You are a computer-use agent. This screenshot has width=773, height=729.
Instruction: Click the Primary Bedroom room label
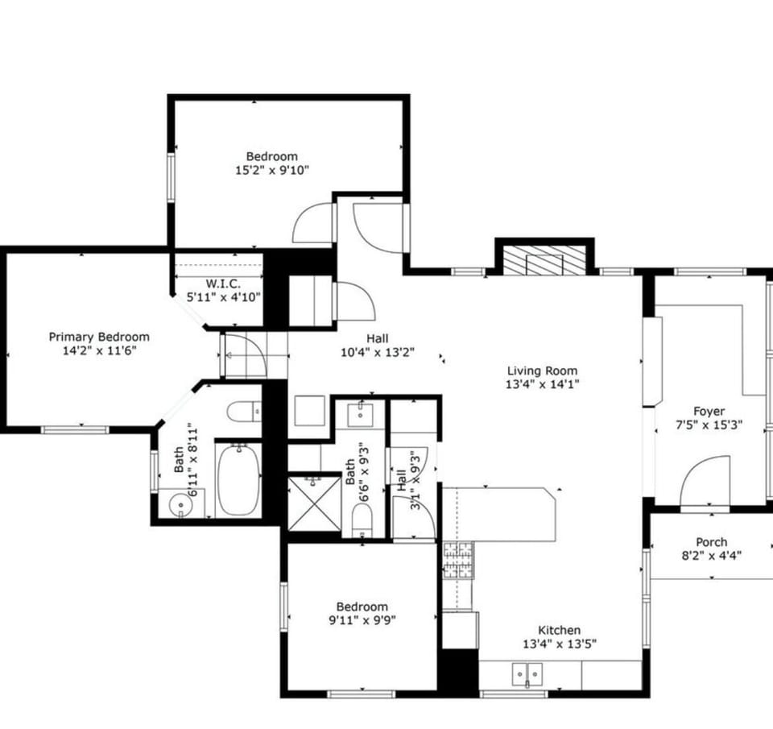[98, 337]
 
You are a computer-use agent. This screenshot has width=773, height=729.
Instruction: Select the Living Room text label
[542, 371]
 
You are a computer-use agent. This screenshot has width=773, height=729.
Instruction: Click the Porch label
[711, 542]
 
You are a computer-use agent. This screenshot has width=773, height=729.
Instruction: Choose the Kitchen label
[559, 630]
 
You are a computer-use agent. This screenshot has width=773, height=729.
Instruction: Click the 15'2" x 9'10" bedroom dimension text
[271, 170]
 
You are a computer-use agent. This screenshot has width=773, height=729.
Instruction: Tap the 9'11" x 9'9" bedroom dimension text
[362, 619]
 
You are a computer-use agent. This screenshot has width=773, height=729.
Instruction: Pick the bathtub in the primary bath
[238, 479]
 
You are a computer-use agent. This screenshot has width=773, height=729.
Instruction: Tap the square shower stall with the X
[310, 503]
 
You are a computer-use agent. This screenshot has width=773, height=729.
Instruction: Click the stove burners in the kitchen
[458, 561]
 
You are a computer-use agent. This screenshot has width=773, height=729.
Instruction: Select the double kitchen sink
[527, 672]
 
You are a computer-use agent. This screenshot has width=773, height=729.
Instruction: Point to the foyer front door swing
[705, 481]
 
